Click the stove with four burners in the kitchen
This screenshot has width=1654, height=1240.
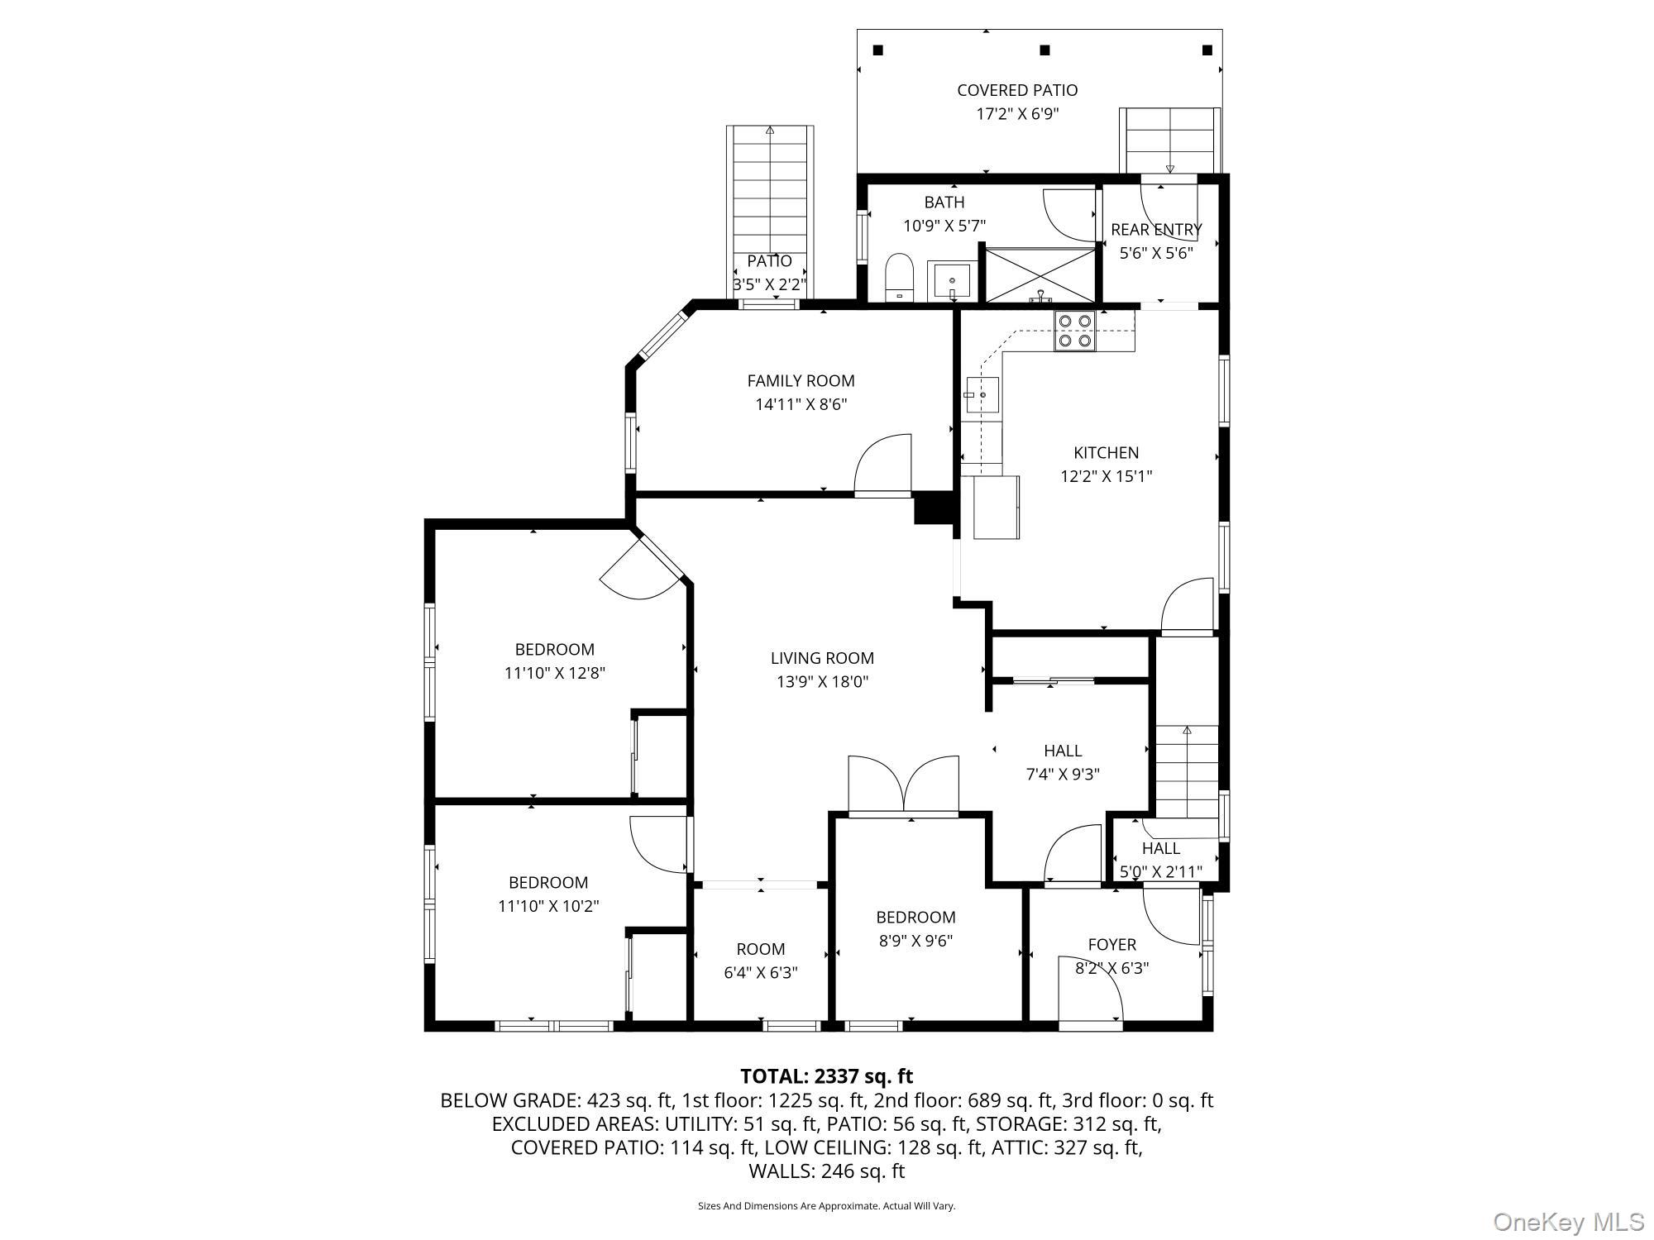tap(1075, 331)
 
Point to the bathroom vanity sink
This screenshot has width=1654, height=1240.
tap(952, 281)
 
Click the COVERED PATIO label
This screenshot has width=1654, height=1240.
tap(1016, 90)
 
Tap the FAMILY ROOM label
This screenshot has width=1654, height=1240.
tap(801, 381)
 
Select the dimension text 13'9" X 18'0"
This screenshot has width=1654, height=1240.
tap(822, 682)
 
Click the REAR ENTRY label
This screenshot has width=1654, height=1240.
tap(1156, 230)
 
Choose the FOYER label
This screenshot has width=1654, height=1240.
tap(1111, 944)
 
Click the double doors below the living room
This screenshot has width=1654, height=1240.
tap(903, 785)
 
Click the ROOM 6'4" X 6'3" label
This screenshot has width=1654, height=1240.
tap(760, 949)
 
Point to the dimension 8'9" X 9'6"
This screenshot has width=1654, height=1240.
tap(915, 941)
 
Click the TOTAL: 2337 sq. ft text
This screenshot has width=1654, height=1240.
tap(826, 1076)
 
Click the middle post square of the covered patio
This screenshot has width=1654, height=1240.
tap(1045, 50)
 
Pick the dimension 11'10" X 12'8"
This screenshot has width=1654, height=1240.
tap(554, 673)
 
